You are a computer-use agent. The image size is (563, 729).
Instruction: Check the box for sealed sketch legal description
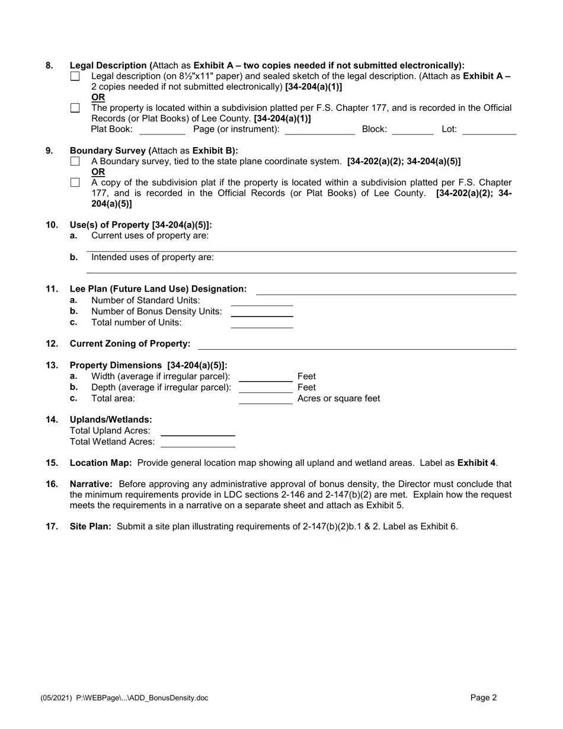(x=75, y=76)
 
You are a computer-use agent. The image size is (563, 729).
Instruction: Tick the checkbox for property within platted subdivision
(x=75, y=108)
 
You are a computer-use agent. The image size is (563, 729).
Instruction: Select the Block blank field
(x=412, y=130)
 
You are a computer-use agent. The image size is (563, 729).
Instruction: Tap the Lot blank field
(x=489, y=130)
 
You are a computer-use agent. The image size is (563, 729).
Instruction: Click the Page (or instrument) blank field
(x=319, y=130)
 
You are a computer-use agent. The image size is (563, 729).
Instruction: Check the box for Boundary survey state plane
(x=75, y=161)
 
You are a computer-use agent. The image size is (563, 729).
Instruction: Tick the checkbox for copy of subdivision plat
(x=75, y=183)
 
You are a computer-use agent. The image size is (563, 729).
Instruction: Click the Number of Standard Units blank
(x=261, y=301)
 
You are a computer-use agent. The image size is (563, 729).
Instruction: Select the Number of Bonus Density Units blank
(x=261, y=312)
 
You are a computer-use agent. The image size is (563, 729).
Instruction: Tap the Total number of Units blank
(x=261, y=323)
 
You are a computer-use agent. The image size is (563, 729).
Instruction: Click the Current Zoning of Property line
(x=357, y=344)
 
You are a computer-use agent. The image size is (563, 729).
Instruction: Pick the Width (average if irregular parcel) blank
(x=265, y=376)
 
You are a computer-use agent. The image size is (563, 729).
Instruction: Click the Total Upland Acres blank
(x=198, y=431)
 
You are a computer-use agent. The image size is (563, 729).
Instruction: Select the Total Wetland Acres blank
(x=198, y=442)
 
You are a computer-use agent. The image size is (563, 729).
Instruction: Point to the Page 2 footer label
(x=484, y=698)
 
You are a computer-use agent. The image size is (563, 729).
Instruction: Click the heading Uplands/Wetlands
(x=111, y=420)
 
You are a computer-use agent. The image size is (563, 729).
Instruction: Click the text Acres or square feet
(x=338, y=398)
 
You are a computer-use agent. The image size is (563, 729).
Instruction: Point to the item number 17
(x=52, y=526)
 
